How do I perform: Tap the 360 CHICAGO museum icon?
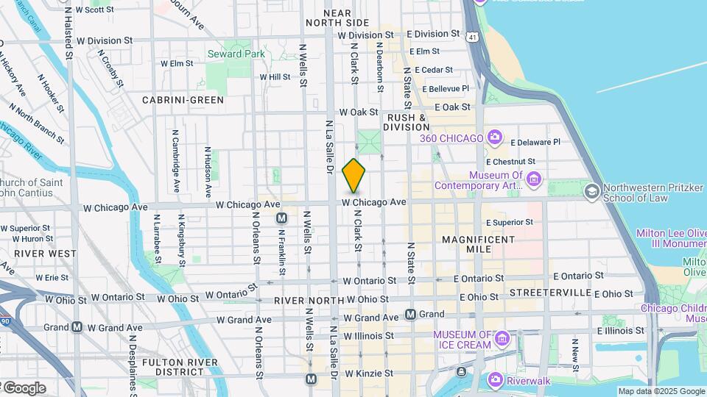point(495,137)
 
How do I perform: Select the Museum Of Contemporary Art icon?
point(534,179)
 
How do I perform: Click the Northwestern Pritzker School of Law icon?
point(591,191)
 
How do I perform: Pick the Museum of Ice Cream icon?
point(502,339)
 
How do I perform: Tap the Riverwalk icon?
point(496,380)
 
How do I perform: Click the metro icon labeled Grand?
point(411,314)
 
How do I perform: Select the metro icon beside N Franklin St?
point(281,218)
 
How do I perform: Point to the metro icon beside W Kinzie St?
point(312,379)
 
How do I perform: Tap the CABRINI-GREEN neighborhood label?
point(183,99)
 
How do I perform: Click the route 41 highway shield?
point(472,35)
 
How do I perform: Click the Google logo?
point(24,387)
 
